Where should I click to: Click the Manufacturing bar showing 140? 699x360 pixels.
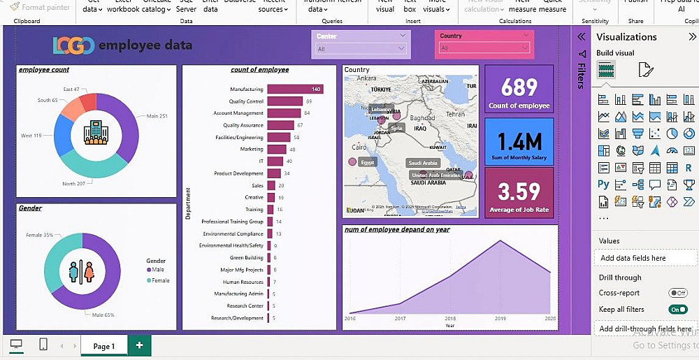tap(294, 89)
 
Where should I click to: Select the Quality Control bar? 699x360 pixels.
tap(284, 101)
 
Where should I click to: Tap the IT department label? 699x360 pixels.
tap(259, 161)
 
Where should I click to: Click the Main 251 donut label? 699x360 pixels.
tap(157, 116)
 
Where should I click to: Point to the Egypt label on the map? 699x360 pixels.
tap(367, 162)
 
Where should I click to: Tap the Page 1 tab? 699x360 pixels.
tap(103, 346)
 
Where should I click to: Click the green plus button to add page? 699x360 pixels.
tap(139, 345)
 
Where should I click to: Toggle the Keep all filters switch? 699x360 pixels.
tap(677, 309)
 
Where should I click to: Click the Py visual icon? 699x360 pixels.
tap(603, 185)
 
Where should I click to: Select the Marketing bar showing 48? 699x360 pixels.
tap(277, 150)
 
